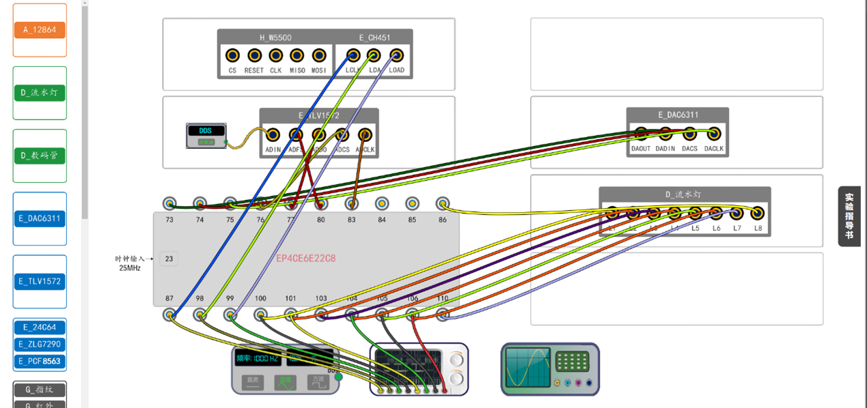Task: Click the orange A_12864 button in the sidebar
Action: (x=40, y=30)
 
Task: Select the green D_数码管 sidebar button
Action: (x=40, y=156)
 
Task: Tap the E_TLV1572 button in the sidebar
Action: (x=40, y=281)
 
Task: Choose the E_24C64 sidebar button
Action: (x=40, y=327)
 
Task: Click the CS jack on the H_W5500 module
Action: (x=232, y=55)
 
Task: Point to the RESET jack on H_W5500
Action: (x=254, y=55)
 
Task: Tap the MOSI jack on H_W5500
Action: (x=319, y=55)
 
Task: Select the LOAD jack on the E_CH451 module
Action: (x=396, y=55)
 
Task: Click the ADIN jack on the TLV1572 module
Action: (x=273, y=135)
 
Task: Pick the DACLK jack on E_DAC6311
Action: (x=714, y=134)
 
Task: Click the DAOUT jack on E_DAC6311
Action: (x=641, y=134)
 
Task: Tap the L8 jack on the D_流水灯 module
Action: (x=757, y=213)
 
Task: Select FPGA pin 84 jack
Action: (x=381, y=203)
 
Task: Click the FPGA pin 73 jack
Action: (x=169, y=203)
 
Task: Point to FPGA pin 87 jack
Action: (x=169, y=315)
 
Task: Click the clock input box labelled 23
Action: (x=169, y=259)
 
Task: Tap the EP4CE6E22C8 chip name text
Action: (x=305, y=259)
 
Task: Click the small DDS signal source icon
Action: (x=206, y=135)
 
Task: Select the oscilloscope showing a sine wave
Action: (x=550, y=369)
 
